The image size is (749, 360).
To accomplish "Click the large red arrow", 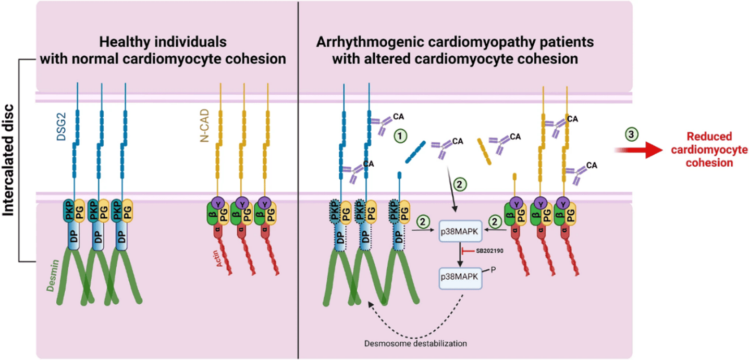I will pos(639,150).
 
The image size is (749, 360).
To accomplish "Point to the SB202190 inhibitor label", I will pos(490,252).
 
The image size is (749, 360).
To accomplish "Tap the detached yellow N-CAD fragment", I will pos(484,151).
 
